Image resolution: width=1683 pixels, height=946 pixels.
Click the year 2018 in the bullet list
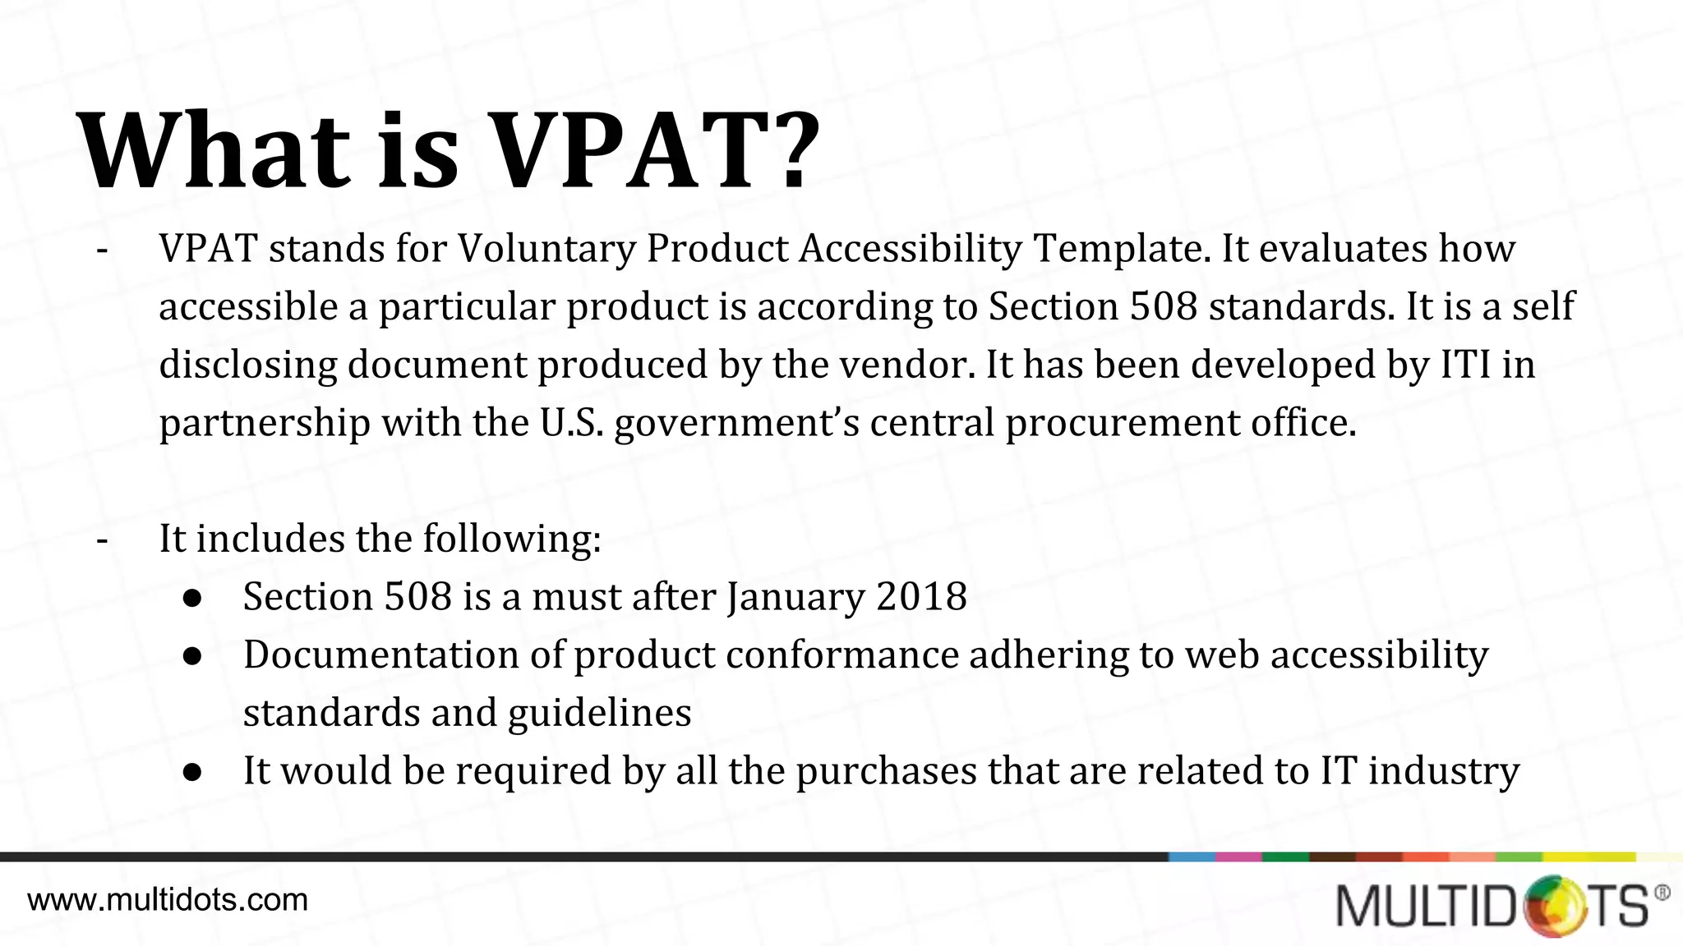point(921,596)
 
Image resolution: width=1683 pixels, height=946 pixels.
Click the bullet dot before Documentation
point(193,656)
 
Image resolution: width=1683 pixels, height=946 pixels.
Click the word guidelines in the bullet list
point(599,713)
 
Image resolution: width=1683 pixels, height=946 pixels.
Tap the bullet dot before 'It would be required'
point(193,772)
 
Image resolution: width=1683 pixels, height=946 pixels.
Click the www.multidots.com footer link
point(168,900)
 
